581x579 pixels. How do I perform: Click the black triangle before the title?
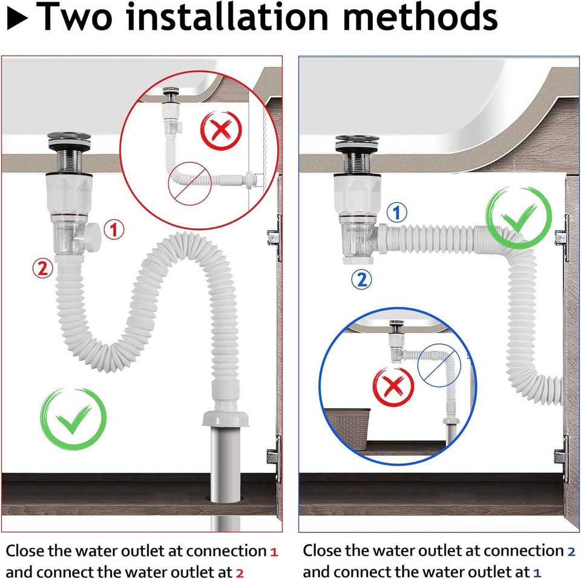17,19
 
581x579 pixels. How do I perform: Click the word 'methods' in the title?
420,16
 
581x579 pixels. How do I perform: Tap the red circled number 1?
114,230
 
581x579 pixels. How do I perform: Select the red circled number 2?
42,268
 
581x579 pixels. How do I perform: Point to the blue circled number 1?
397,213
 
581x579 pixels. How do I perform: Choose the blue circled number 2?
362,279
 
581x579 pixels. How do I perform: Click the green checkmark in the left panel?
73,419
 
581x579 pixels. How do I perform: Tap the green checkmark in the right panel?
519,217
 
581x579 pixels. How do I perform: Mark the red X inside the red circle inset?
221,131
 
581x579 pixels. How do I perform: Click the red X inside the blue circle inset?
393,387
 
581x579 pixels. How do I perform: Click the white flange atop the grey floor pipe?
225,418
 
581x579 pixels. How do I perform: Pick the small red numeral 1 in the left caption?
274,552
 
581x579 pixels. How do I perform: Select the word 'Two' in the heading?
74,16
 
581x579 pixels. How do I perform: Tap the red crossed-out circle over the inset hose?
189,184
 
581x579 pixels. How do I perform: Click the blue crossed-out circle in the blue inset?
439,365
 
